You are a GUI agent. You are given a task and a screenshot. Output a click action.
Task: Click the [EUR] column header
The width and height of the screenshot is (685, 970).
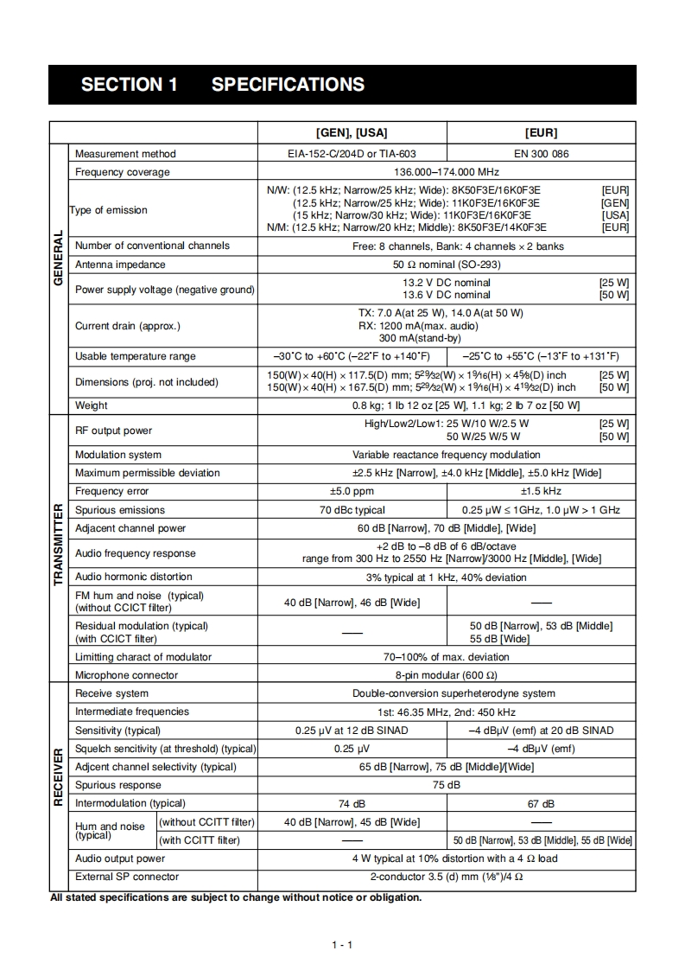[x=542, y=132]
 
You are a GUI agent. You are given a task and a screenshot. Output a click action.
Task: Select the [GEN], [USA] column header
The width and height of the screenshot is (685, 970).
[x=352, y=132]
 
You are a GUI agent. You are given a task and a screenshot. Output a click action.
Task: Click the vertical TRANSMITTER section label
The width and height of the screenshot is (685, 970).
[x=58, y=545]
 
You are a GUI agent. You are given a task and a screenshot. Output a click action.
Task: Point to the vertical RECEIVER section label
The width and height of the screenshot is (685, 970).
[x=58, y=777]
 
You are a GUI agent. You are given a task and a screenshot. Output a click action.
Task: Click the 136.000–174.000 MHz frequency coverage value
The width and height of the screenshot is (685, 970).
[x=447, y=172]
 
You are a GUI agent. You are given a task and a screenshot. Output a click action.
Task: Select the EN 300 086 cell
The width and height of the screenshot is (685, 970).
[x=542, y=154]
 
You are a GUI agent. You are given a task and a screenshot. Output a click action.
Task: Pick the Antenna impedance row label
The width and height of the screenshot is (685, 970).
[x=120, y=265]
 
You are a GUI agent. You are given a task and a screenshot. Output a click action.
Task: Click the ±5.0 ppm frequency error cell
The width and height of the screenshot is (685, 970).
[x=352, y=491]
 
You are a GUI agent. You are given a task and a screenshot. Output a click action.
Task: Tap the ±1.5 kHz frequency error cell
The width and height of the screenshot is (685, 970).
[x=542, y=491]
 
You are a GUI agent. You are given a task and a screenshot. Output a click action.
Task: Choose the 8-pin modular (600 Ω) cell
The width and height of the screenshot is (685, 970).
[x=447, y=675]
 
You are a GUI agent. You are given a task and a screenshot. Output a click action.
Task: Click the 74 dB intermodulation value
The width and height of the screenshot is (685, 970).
[x=352, y=804]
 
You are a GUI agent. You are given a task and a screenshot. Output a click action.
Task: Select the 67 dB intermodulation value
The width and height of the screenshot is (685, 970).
[x=542, y=804]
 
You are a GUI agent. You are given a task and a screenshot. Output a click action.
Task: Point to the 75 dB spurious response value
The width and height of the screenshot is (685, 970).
[x=447, y=785]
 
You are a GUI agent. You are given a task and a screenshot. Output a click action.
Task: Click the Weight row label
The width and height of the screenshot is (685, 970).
[x=92, y=405]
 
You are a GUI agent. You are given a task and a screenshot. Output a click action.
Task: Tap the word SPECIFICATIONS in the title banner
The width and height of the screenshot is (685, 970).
[x=288, y=85]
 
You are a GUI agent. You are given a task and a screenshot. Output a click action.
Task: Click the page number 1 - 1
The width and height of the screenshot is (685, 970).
[x=342, y=945]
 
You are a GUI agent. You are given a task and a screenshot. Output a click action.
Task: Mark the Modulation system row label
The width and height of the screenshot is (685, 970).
[x=118, y=455]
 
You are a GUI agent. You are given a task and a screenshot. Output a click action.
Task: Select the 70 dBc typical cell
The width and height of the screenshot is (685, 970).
[x=352, y=510]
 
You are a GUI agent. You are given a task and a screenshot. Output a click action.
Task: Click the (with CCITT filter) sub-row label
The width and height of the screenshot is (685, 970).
[x=200, y=840]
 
